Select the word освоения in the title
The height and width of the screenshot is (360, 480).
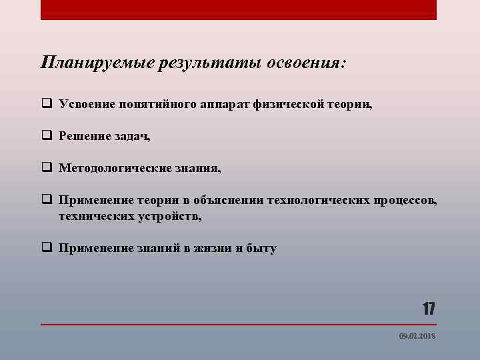coord(306,63)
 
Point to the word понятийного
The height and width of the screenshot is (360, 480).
coord(157,104)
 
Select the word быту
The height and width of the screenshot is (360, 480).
coord(262,248)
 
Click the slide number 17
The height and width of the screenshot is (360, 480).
coord(428,309)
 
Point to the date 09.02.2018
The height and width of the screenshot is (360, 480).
coord(417,337)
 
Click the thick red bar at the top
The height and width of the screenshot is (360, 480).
coord(239,9)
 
